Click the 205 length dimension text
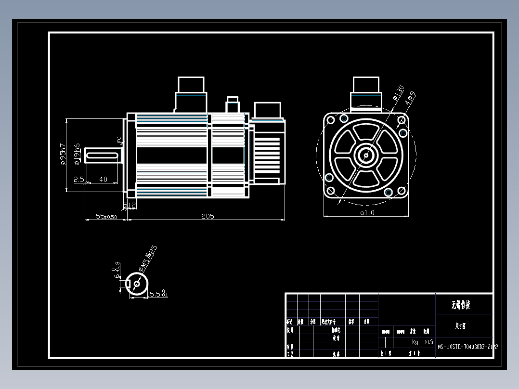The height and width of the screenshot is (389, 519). click(208, 216)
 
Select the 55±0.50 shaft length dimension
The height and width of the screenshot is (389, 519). click(106, 217)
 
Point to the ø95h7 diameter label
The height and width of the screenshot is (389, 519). click(63, 154)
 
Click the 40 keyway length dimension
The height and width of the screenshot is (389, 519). click(103, 179)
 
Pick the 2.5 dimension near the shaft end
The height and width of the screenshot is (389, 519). click(79, 179)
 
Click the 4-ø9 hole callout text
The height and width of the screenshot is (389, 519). click(410, 98)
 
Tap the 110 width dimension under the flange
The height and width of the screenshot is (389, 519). click(367, 212)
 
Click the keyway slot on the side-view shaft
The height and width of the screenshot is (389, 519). click(103, 155)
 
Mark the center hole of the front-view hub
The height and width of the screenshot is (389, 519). click(366, 155)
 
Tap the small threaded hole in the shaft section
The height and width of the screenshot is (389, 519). click(137, 284)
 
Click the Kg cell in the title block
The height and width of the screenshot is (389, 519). click(415, 342)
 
